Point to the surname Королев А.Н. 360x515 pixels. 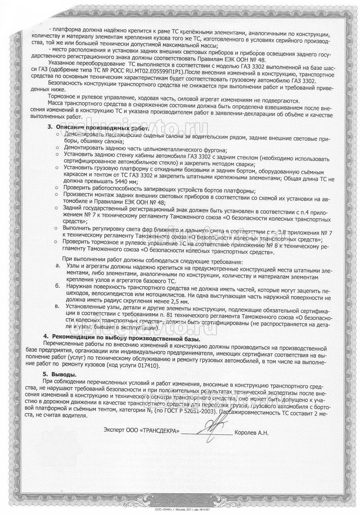point(251,433)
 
